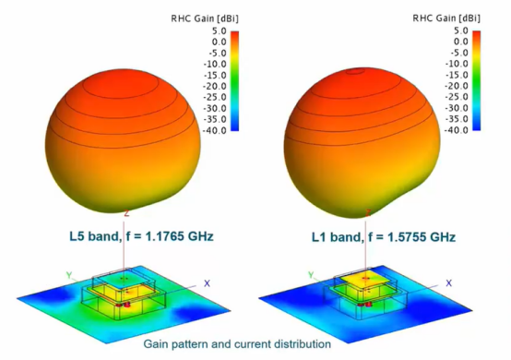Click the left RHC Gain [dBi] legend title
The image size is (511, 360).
[x=205, y=18]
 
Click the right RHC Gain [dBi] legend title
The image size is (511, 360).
[x=446, y=18]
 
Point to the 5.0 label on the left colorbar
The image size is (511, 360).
[x=219, y=31]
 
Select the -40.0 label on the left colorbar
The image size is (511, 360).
[x=214, y=130]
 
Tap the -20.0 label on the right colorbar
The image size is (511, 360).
[x=457, y=86]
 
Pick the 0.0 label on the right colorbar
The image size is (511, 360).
[x=461, y=42]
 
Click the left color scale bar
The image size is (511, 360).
[x=234, y=81]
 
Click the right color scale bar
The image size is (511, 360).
[x=477, y=80]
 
